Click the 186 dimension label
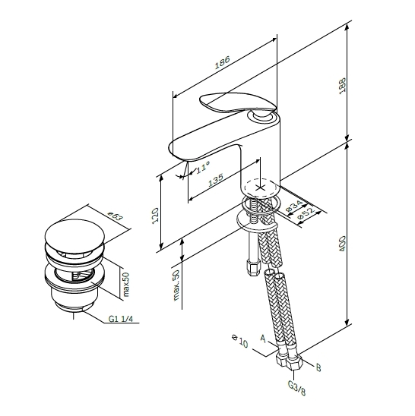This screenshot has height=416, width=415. [x=223, y=63]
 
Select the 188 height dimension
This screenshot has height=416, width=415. [x=342, y=85]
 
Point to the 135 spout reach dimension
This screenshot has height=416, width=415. [x=215, y=180]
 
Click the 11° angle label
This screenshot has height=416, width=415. [x=203, y=167]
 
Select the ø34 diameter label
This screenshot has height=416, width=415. [x=294, y=206]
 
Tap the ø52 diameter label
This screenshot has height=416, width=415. [x=306, y=213]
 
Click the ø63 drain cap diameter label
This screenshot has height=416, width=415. [x=116, y=216]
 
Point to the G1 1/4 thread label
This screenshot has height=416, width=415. [x=120, y=319]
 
